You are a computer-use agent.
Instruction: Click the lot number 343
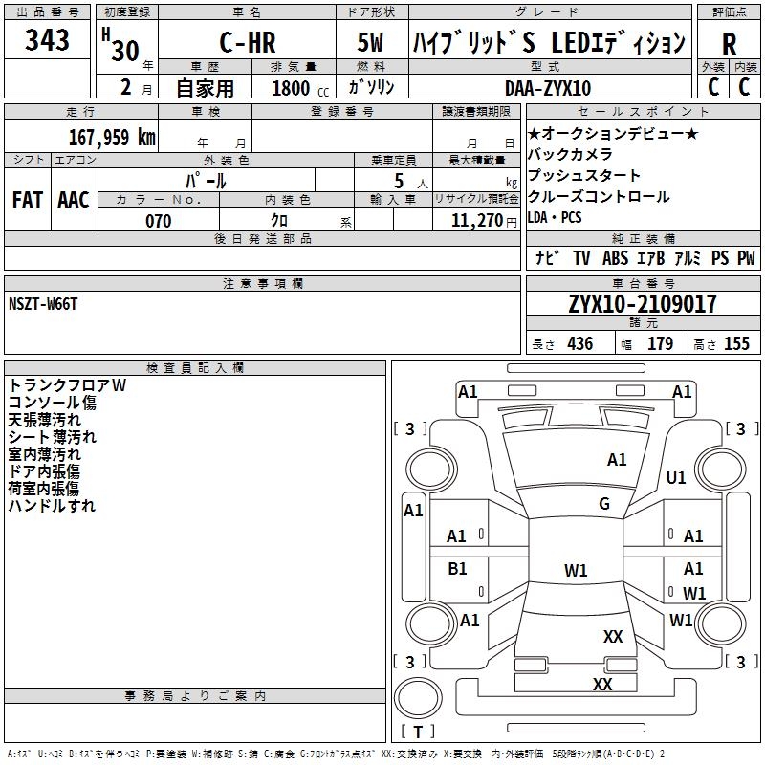pyautogui.click(x=47, y=39)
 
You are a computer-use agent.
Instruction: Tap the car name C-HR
pyautogui.click(x=248, y=42)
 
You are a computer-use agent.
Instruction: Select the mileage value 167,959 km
pyautogui.click(x=112, y=137)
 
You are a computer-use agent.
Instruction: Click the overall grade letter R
pyautogui.click(x=729, y=44)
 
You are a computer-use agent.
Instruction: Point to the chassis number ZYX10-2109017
pyautogui.click(x=643, y=304)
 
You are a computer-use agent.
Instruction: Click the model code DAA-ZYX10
pyautogui.click(x=548, y=88)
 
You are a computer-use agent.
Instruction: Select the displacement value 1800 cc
pyautogui.click(x=300, y=88)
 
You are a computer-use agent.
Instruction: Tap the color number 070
pyautogui.click(x=159, y=221)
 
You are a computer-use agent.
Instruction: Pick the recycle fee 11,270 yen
pyautogui.click(x=484, y=221)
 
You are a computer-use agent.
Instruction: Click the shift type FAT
pyautogui.click(x=28, y=200)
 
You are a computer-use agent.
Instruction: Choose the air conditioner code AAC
pyautogui.click(x=74, y=200)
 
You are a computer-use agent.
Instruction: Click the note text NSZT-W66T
pyautogui.click(x=43, y=304)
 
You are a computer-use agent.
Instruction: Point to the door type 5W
pyautogui.click(x=370, y=42)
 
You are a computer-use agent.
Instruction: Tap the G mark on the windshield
pyautogui.click(x=604, y=503)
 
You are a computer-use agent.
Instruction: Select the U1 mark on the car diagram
pyautogui.click(x=676, y=477)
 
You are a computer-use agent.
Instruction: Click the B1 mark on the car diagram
pyautogui.click(x=457, y=568)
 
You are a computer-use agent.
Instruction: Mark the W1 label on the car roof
pyautogui.click(x=576, y=570)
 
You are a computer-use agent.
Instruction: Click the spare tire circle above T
pyautogui.click(x=418, y=698)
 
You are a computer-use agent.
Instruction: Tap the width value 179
pyautogui.click(x=660, y=343)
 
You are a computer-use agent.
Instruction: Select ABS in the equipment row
pyautogui.click(x=615, y=258)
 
